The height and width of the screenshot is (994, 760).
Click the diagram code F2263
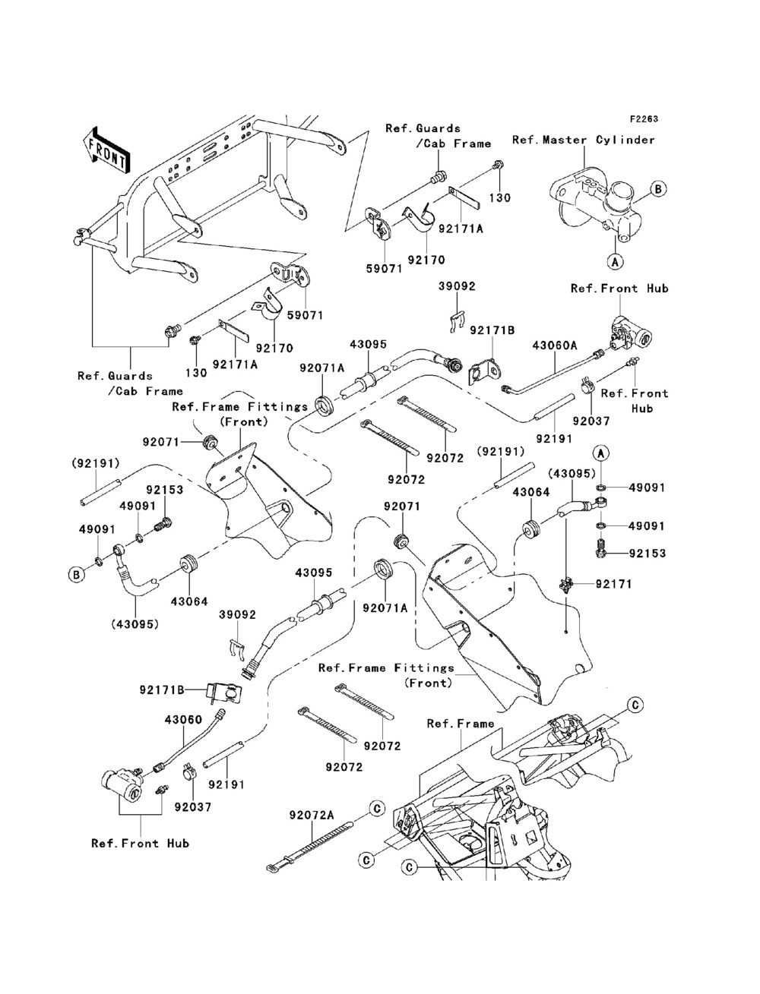[642, 119]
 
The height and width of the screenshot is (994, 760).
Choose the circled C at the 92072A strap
[375, 809]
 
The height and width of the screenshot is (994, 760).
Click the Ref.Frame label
[460, 724]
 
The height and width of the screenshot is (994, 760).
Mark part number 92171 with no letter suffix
[635, 584]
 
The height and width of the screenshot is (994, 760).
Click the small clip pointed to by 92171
[565, 584]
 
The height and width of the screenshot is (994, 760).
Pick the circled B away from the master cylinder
[76, 575]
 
